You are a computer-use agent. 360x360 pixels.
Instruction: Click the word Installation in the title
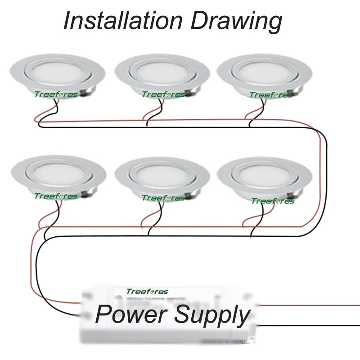click(123, 21)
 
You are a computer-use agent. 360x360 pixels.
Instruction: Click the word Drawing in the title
click(237, 22)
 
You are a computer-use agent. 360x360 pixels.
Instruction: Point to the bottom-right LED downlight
click(265, 175)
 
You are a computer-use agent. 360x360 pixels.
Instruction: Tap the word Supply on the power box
click(212, 315)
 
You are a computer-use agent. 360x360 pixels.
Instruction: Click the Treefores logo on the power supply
click(147, 292)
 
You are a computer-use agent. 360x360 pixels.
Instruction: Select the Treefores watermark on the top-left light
click(56, 94)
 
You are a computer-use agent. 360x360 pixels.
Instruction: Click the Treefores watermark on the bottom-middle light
click(163, 198)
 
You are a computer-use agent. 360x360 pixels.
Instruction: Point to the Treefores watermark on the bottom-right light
click(273, 201)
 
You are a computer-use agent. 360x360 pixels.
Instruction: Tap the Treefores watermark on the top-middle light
click(163, 94)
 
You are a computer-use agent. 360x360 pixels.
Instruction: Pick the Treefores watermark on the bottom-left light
click(56, 196)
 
